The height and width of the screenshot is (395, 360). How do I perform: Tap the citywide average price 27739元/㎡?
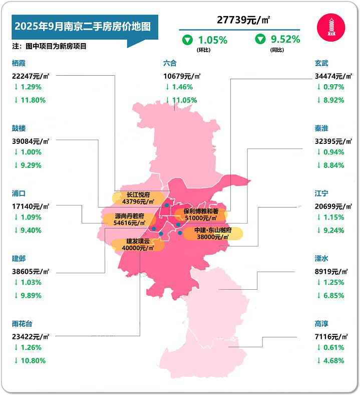pyautogui.click(x=243, y=20)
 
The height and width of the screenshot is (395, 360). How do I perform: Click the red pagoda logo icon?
pyautogui.click(x=331, y=27)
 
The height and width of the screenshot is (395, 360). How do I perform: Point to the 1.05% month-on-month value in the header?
pyautogui.click(x=212, y=39)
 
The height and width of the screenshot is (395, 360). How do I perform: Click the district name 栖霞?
pyautogui.click(x=19, y=63)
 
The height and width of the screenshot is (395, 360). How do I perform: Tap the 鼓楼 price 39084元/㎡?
pyautogui.click(x=31, y=141)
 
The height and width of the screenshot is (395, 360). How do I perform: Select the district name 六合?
pyautogui.click(x=170, y=63)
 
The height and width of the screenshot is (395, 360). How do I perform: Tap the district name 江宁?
pyautogui.click(x=321, y=193)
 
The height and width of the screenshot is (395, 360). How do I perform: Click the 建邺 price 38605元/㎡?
pyautogui.click(x=31, y=271)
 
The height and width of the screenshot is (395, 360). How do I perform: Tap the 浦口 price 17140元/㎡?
pyautogui.click(x=31, y=206)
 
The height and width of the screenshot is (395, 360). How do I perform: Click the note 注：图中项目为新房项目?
pyautogui.click(x=50, y=46)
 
